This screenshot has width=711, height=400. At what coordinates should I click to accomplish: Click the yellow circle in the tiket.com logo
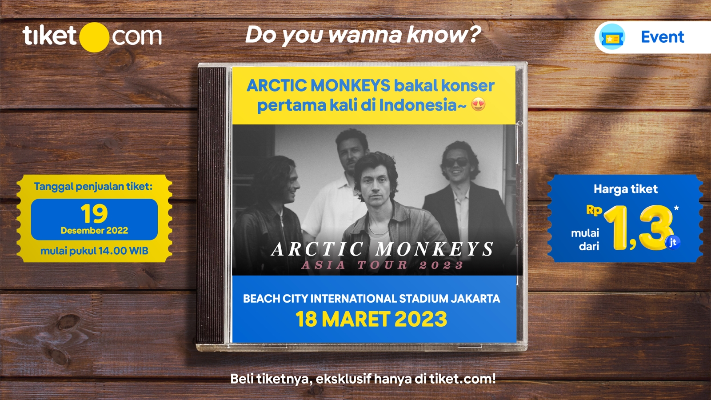coord(94,37)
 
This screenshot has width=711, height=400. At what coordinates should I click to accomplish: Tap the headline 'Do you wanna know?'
coord(363,35)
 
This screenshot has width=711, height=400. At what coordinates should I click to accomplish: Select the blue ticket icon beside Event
coord(612,38)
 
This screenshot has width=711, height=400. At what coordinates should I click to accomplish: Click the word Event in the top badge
coord(662,37)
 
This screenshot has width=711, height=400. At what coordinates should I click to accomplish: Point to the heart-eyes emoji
coord(478,105)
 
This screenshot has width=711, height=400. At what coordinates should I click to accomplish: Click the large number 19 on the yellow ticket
coord(94,214)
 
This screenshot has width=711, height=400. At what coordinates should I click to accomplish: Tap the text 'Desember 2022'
coord(94,231)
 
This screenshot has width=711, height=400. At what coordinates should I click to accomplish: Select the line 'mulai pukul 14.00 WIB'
coord(94,251)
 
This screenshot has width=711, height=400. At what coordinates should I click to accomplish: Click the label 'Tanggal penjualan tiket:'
coord(93,187)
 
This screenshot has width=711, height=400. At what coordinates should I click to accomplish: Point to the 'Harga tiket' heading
coord(626,189)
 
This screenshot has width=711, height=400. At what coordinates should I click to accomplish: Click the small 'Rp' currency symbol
coord(594,210)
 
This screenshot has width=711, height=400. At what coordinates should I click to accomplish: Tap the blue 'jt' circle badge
coord(673,242)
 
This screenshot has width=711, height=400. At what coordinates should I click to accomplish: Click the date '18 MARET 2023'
coord(371,319)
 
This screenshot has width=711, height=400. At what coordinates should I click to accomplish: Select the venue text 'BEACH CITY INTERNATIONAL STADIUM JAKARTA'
coord(371,299)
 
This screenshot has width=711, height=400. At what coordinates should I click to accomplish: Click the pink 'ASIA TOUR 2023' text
coord(383,266)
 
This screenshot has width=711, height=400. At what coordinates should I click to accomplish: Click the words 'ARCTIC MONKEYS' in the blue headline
coord(318,85)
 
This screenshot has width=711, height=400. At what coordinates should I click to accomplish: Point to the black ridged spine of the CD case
coord(212,204)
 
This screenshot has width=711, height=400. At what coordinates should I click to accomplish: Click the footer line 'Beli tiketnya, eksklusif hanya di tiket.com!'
coord(363,379)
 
